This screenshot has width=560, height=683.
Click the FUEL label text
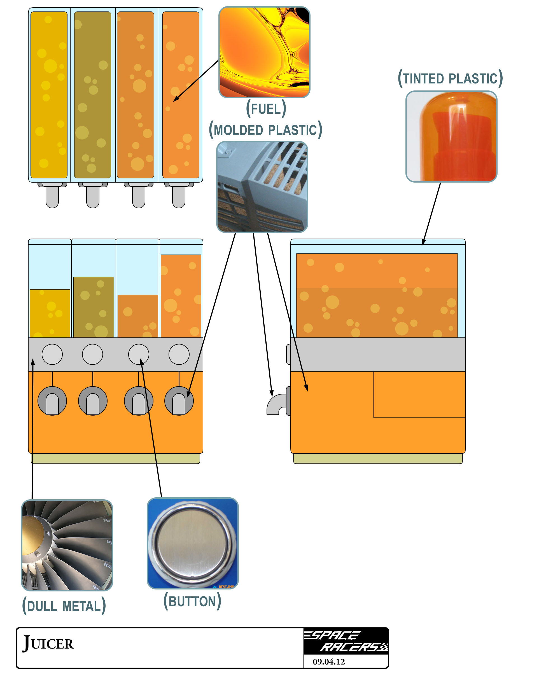click(x=266, y=109)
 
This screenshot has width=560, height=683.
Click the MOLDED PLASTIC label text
click(x=265, y=130)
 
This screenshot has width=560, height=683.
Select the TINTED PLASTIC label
click(x=450, y=78)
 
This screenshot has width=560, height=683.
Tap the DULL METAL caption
click(x=64, y=606)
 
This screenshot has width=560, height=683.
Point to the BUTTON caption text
click(x=192, y=601)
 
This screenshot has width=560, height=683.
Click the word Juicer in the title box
click(x=48, y=643)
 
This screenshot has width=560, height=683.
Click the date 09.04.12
click(x=328, y=662)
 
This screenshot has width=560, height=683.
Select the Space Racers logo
click(x=346, y=641)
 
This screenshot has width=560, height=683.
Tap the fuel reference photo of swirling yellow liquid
click(x=264, y=52)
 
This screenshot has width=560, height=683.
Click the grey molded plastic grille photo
click(x=262, y=187)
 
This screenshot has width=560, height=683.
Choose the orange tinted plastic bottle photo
click(x=451, y=136)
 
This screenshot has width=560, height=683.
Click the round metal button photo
click(x=193, y=543)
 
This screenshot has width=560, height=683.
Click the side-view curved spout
click(x=276, y=405)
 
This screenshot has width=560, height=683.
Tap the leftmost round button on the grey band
click(x=52, y=354)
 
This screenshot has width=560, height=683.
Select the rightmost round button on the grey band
click(x=179, y=354)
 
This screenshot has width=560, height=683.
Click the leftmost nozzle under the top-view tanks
click(x=52, y=195)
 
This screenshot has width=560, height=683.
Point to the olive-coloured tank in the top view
click(x=93, y=95)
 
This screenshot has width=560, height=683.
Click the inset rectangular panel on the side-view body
click(x=419, y=394)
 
